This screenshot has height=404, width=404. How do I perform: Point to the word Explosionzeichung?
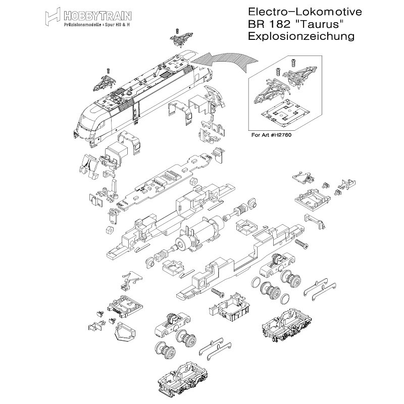[298, 36]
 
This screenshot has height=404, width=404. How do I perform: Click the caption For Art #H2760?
[272, 135]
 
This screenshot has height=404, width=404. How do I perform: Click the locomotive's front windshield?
[91, 120]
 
